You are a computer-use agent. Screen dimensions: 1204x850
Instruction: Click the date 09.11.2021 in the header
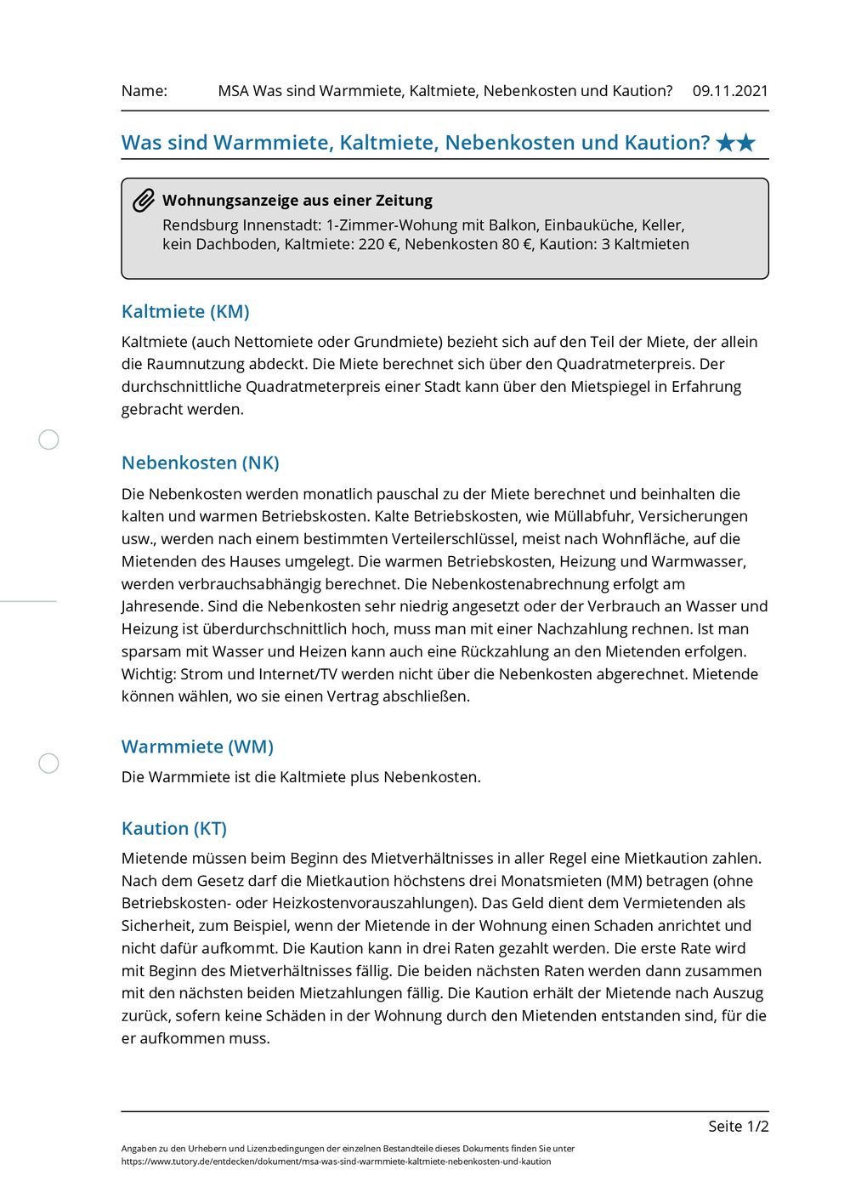pyautogui.click(x=729, y=91)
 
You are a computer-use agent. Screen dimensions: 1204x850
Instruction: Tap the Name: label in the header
pyautogui.click(x=144, y=91)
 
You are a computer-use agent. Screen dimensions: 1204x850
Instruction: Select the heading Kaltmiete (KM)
pyautogui.click(x=185, y=311)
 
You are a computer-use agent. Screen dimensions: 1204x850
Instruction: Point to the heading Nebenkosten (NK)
pyautogui.click(x=201, y=463)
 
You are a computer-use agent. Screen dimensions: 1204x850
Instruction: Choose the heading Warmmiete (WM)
pyautogui.click(x=197, y=747)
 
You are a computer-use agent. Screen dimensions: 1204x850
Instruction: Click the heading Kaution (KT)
pyautogui.click(x=174, y=828)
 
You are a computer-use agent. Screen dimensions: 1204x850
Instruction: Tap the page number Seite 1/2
pyautogui.click(x=738, y=1126)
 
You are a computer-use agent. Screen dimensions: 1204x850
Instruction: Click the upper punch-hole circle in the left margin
pyautogui.click(x=49, y=440)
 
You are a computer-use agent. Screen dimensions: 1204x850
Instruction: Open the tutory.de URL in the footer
pyautogui.click(x=336, y=1161)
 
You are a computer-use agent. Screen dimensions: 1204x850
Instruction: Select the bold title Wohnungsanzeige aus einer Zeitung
pyautogui.click(x=297, y=201)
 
